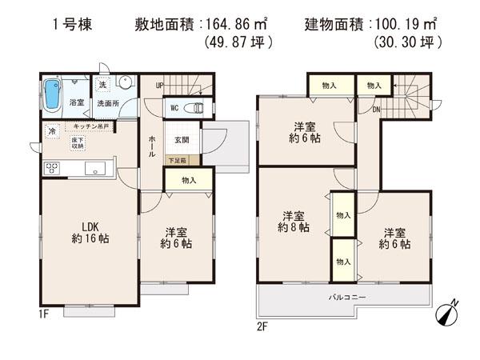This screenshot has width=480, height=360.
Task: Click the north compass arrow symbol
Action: (x=446, y=314)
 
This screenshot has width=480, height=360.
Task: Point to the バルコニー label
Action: (x=347, y=298)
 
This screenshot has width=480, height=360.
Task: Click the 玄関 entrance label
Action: (x=182, y=140)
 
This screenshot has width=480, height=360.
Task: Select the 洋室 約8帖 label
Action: (x=294, y=222)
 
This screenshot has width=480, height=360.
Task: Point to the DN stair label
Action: (x=375, y=110)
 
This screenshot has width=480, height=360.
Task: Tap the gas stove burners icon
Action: (x=52, y=168)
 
